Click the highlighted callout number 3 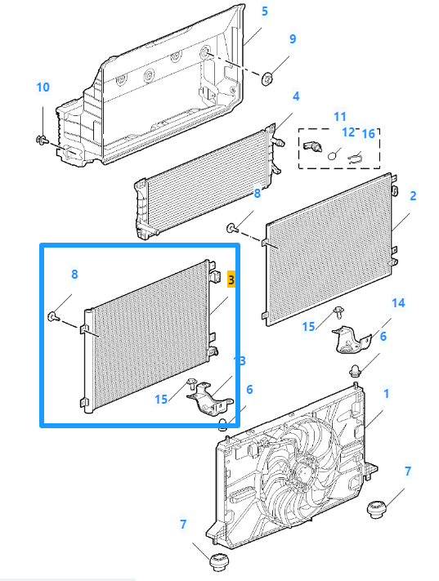(231, 279)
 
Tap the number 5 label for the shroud (264, 11)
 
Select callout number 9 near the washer (293, 39)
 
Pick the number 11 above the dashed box (339, 117)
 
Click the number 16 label (368, 134)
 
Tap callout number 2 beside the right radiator (413, 196)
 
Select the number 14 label (398, 303)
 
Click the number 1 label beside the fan (387, 394)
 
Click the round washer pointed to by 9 (267, 78)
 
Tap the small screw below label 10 (43, 141)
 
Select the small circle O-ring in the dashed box (333, 155)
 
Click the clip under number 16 (355, 159)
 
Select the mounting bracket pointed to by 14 (351, 340)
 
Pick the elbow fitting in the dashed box (312, 146)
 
